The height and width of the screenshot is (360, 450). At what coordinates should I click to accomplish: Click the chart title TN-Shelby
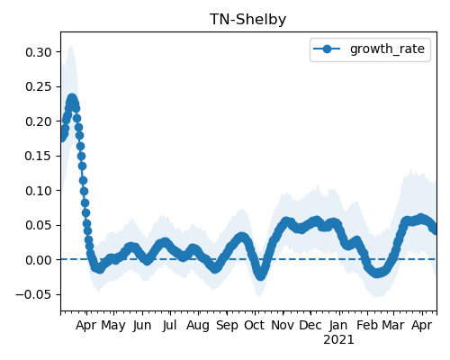247,20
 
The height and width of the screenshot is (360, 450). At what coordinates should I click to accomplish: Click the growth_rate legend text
387,49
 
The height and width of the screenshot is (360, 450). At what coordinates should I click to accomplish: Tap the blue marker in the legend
327,49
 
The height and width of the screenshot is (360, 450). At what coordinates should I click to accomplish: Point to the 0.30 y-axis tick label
39,52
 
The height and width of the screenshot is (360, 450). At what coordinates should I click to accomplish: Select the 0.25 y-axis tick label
39,86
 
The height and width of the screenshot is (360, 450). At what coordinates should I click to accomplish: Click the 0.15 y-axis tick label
39,156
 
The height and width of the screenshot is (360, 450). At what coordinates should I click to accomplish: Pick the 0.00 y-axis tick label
39,260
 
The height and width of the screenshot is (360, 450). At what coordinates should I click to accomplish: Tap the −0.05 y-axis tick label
34,294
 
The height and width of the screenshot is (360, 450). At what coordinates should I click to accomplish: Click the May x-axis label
113,326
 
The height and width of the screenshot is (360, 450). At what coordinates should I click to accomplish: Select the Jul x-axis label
169,325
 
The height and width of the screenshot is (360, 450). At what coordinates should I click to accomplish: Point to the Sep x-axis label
227,326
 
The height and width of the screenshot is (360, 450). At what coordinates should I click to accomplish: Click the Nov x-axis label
283,325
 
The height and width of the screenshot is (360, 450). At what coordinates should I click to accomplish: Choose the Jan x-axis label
338,325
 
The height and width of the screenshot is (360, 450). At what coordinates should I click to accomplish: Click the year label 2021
338,340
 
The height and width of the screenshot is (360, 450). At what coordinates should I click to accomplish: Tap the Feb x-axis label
367,325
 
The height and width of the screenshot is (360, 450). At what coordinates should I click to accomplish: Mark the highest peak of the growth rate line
72,98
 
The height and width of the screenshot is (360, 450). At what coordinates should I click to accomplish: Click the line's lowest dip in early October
260,275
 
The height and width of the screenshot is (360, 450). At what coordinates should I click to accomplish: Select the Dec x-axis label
310,325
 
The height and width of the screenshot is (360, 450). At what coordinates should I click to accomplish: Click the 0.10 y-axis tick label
39,191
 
